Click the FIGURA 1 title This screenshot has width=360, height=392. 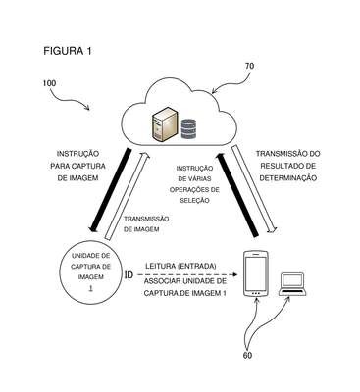pos(68,51)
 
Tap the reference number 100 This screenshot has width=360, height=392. pos(49,83)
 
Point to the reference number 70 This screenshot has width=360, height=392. pos(249,66)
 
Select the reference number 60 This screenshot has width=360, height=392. pos(247,356)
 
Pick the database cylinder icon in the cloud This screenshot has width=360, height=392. pos(188,129)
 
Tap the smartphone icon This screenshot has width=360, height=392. pos(256,273)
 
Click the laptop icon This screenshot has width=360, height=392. pos(292,284)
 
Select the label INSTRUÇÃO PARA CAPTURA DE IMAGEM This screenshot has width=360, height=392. pos(77,166)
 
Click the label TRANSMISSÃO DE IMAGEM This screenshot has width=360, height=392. pos(146,224)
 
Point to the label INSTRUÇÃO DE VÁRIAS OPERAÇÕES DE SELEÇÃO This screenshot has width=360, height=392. pos(194,184)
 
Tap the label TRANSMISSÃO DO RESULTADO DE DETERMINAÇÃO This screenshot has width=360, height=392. pos(288,166)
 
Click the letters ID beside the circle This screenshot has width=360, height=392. pos(129,275)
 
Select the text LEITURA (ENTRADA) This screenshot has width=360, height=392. pos(180,266)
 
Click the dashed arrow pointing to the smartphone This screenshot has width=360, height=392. pos(186,274)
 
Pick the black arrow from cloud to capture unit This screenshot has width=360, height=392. pos(110,190)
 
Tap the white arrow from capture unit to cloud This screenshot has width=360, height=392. pos(128,196)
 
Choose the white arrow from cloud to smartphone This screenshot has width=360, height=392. pos(254,190)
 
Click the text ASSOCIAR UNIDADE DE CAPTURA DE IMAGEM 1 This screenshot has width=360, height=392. pos(185,287)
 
